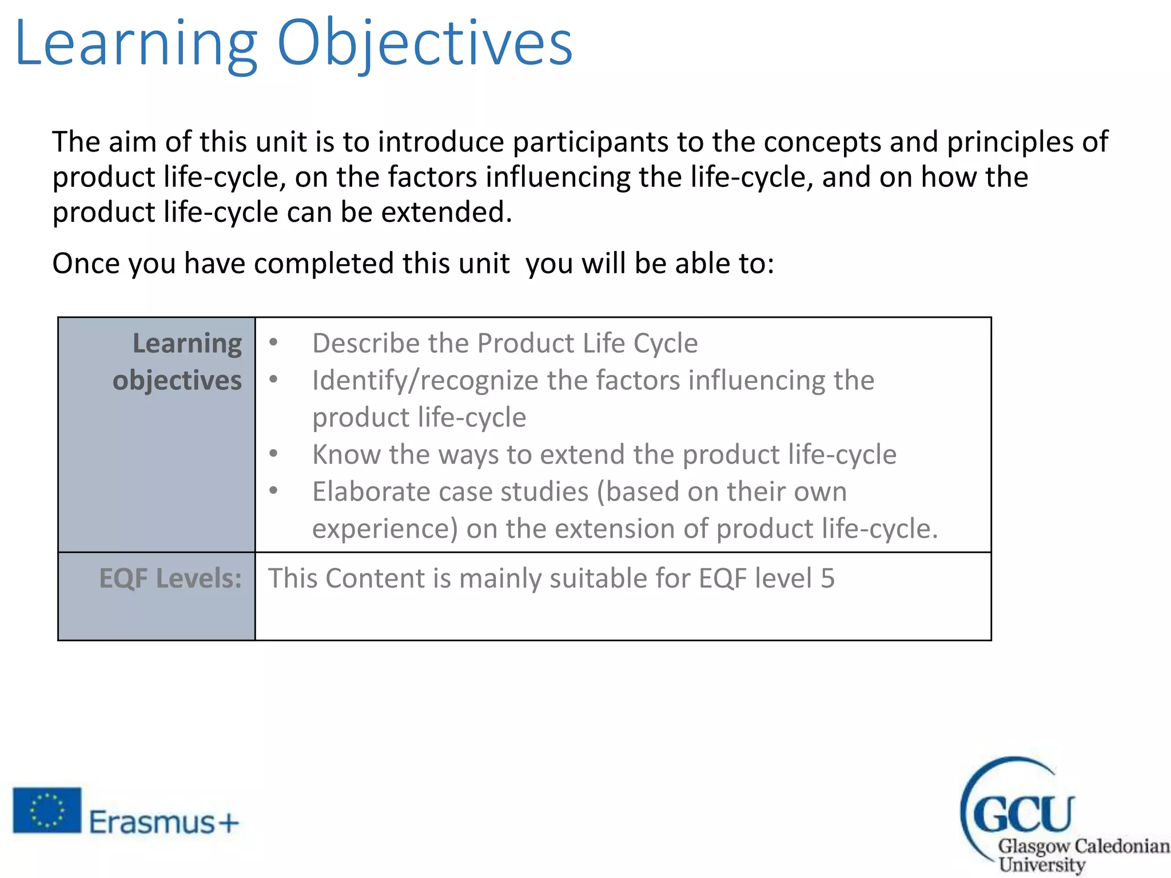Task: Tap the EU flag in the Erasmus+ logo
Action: [47, 810]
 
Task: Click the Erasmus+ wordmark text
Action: [164, 823]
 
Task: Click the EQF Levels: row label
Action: [170, 578]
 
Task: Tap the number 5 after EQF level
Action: [827, 578]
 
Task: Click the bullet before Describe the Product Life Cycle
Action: [274, 342]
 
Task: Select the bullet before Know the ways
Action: [274, 454]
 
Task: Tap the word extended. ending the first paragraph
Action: [447, 212]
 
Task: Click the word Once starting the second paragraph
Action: [86, 264]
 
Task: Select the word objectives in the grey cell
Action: [177, 381]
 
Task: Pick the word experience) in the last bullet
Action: [385, 529]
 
